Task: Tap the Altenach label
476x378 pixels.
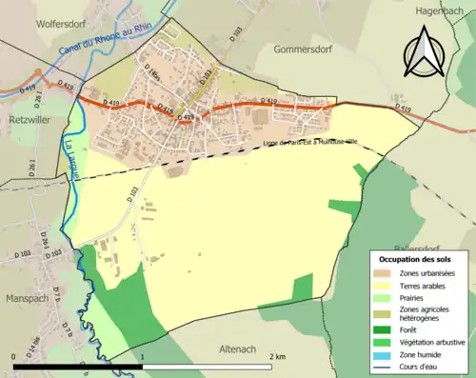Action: [246, 348]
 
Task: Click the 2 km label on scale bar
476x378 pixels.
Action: [277, 355]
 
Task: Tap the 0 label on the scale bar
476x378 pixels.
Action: [14, 355]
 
